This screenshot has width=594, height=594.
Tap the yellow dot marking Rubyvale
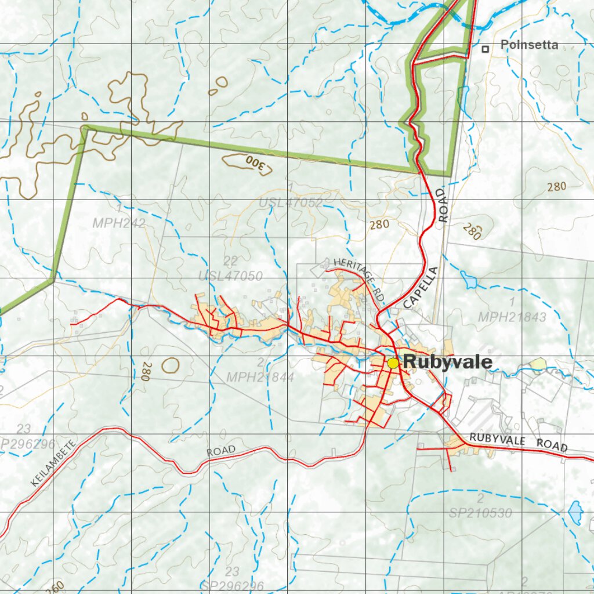point(393,363)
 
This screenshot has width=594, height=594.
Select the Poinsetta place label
point(529,45)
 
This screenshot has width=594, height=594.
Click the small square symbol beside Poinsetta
point(485,49)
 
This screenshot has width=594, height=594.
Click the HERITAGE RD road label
point(360,278)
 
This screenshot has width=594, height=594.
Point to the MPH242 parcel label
point(118,223)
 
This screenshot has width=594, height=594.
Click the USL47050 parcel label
point(230,276)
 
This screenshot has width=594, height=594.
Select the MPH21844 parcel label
point(260,377)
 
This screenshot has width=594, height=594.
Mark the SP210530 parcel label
point(480,513)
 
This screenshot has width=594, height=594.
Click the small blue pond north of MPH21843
point(468,281)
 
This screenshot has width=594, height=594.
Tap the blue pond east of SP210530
point(575,512)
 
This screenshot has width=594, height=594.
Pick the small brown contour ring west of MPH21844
point(171,365)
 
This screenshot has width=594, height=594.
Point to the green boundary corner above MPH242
point(86,128)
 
